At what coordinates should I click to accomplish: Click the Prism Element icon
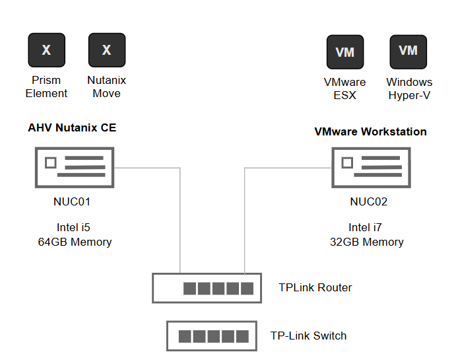tap(46, 50)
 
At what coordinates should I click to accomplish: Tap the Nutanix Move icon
tap(107, 50)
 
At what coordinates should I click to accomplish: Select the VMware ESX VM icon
tap(345, 53)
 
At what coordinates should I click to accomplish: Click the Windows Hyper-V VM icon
tap(408, 52)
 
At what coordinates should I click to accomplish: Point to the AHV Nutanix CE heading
tap(72, 127)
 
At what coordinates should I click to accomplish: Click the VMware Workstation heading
tap(370, 131)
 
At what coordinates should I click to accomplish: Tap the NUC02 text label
tap(369, 201)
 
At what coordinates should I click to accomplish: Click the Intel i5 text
tap(73, 228)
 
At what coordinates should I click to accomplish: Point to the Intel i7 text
tap(366, 228)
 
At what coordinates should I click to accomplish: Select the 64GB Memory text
tap(75, 242)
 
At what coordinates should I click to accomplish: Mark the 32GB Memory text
tap(367, 242)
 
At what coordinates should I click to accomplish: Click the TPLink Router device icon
tap(207, 288)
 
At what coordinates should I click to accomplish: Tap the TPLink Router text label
tap(315, 288)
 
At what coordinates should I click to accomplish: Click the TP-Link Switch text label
tap(308, 336)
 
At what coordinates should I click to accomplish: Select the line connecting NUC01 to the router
tap(180, 218)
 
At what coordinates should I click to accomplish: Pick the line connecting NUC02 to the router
tap(245, 218)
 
